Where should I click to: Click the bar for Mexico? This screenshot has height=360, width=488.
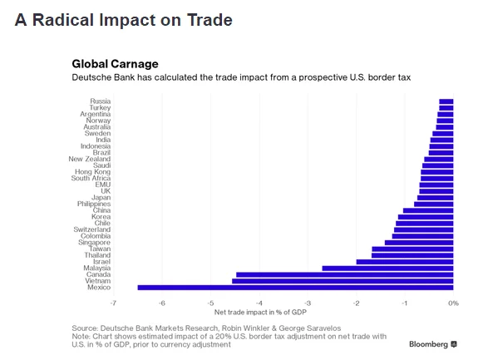[x=295, y=288]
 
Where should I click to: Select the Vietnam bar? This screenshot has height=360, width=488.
[x=343, y=281]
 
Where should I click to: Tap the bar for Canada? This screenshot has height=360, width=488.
[x=345, y=274]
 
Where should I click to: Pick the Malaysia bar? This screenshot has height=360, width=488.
[x=387, y=269]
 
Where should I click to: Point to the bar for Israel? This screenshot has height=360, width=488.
[x=405, y=262]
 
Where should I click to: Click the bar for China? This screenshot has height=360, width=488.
[x=428, y=210]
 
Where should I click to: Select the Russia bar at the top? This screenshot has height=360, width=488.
[x=446, y=101]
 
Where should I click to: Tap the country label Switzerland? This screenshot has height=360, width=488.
[x=91, y=229]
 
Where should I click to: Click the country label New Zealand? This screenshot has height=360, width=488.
[x=90, y=159]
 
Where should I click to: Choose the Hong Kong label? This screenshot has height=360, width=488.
[x=93, y=172]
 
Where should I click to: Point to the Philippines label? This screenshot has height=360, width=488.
[x=94, y=204]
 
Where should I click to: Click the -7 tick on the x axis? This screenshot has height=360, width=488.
[x=113, y=303]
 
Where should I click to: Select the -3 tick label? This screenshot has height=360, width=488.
[x=308, y=303]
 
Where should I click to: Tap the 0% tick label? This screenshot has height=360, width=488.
[x=453, y=303]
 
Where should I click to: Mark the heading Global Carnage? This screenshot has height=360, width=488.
[x=116, y=64]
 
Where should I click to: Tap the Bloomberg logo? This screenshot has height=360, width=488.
[x=433, y=344]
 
